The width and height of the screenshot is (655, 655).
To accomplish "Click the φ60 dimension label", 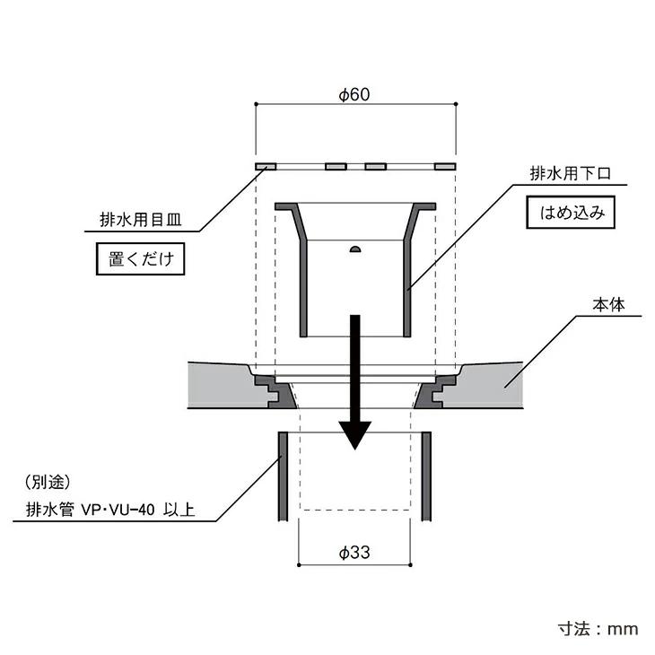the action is (354, 94).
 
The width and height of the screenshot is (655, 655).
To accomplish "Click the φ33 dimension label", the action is (354, 552).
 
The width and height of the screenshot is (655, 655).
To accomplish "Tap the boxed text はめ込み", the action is (571, 213).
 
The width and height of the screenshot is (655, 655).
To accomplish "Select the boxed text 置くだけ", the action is (140, 259).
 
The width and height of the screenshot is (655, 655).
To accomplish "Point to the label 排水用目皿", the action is (141, 219).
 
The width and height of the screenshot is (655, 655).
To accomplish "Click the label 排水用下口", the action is (571, 173).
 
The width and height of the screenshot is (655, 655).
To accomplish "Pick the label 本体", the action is (608, 305).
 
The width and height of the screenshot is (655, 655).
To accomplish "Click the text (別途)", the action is (48, 483).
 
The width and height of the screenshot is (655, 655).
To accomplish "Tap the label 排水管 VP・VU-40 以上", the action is (110, 510).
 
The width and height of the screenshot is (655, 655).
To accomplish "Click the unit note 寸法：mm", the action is (598, 629).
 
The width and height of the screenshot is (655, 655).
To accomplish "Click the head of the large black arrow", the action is (354, 435).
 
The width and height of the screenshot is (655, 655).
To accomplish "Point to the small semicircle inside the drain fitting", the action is (354, 249).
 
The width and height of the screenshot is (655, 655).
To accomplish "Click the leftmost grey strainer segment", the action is (266, 167).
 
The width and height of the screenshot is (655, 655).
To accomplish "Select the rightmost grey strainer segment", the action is (445, 167).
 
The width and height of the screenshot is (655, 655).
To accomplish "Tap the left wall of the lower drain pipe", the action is (283, 476).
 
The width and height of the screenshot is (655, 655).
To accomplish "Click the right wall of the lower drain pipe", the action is (426, 476).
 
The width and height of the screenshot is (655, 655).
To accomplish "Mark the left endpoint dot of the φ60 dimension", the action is (256, 104).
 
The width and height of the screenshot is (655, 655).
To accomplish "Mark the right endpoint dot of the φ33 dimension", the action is (411, 565).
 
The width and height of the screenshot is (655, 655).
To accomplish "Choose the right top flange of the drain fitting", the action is (424, 206).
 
